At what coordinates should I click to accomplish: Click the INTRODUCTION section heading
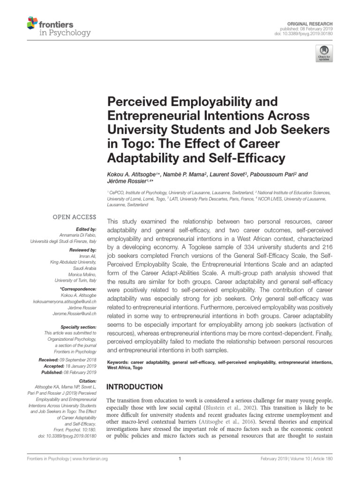click(x=135, y=387)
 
